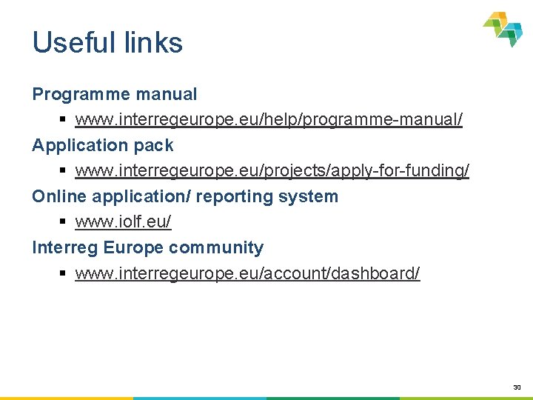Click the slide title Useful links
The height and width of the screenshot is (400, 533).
click(x=107, y=43)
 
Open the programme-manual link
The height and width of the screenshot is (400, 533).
click(x=269, y=119)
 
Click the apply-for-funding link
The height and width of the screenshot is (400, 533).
click(x=272, y=170)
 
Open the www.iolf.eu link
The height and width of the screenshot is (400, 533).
click(x=123, y=221)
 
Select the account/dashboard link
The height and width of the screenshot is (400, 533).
click(x=247, y=273)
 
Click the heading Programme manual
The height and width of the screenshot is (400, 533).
click(x=114, y=94)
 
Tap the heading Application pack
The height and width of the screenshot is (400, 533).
click(x=102, y=145)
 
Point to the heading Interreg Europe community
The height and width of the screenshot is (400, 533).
click(x=147, y=247)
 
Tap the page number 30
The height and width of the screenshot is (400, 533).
click(x=516, y=387)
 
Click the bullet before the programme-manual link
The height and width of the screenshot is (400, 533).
click(x=64, y=120)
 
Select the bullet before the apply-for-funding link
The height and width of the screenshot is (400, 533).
click(x=64, y=171)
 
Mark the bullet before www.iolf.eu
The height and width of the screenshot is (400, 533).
click(x=64, y=222)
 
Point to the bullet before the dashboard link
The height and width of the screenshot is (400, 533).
click(x=64, y=274)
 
